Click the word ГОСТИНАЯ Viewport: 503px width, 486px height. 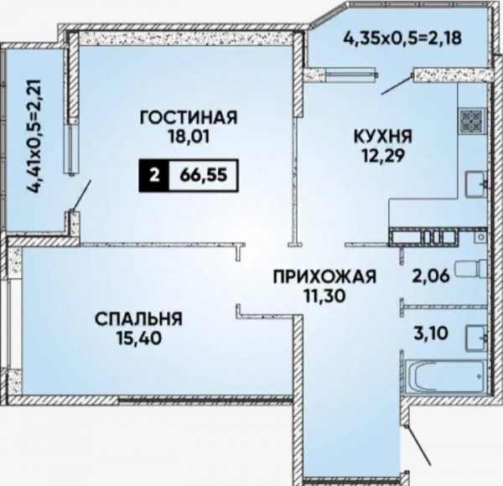point(189,117)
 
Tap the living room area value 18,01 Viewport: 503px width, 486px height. point(189,137)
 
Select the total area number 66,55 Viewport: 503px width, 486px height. point(204,176)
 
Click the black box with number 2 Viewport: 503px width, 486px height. point(154,176)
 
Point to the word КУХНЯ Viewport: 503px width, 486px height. point(383,137)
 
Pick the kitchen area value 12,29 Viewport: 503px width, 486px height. point(383,156)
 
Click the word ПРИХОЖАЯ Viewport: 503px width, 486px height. point(324,277)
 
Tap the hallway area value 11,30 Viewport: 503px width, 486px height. point(324,296)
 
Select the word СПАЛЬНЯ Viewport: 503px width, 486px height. point(138,319)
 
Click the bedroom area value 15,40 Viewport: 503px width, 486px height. point(138,339)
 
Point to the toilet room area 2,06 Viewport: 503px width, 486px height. point(432,276)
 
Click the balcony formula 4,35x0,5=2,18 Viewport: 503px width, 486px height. point(402,38)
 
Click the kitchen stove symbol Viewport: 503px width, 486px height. point(471,121)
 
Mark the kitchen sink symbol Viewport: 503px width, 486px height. point(476,184)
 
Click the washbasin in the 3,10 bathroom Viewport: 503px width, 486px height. point(476,337)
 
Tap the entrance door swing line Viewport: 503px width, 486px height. point(419,445)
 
